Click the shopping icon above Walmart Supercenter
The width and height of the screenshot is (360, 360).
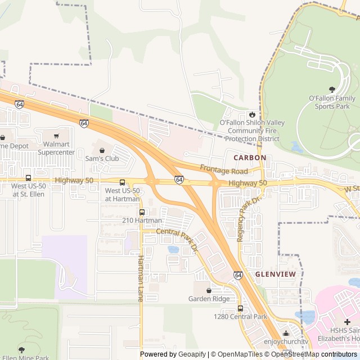(x=56, y=136)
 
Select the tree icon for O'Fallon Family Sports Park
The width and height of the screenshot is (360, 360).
(x=332, y=89)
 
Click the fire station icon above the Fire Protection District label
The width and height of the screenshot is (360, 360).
(x=252, y=114)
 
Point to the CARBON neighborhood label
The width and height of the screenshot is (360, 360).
(x=246, y=157)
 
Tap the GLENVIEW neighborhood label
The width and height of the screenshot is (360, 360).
(x=275, y=274)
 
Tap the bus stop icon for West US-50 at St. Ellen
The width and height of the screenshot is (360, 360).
(x=28, y=178)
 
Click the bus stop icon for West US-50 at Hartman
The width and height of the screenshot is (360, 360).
(x=122, y=182)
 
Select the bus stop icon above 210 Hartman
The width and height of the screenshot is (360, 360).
(x=142, y=212)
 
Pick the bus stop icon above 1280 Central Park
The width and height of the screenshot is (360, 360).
(x=240, y=308)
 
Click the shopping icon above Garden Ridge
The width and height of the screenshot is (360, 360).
(x=209, y=290)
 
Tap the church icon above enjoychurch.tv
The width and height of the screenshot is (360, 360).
(x=286, y=333)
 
